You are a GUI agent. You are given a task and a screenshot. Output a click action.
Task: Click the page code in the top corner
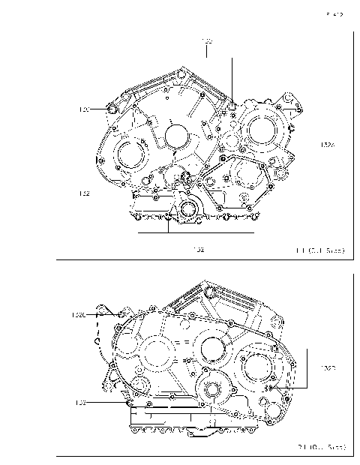(334, 13)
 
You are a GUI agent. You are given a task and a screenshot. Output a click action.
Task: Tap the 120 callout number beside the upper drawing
(85, 109)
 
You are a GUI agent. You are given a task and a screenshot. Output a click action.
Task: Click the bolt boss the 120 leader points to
(112, 110)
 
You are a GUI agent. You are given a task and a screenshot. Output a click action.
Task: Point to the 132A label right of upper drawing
(328, 145)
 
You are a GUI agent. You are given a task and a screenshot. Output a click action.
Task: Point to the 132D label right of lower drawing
(328, 368)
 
